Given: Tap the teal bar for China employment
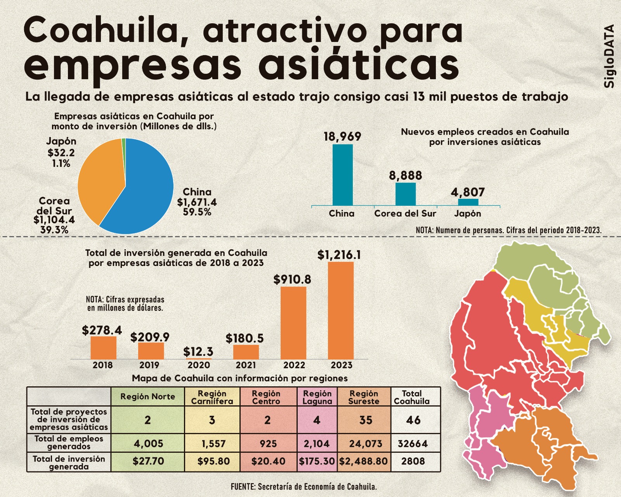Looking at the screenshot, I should tap(342, 175).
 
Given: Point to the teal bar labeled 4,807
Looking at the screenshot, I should tap(468, 202).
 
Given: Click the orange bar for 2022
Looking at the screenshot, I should tap(293, 322).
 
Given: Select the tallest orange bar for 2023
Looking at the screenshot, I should tap(341, 311).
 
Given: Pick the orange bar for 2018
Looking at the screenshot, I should tap(103, 348).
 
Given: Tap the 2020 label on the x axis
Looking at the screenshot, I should tap(198, 365).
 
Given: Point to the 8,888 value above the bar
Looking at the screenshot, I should tap(405, 176).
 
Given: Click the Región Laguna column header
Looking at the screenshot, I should tap(317, 397).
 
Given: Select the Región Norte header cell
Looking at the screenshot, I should tap(147, 397).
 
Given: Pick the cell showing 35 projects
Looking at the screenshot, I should tap(365, 420).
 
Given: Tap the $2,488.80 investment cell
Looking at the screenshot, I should tap(363, 461).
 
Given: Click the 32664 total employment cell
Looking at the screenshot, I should tap(413, 443).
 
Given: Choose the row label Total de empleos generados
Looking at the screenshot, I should tap(69, 443).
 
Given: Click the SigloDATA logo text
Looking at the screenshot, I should tap(609, 56).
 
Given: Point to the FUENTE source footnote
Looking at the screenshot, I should tap(304, 487).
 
